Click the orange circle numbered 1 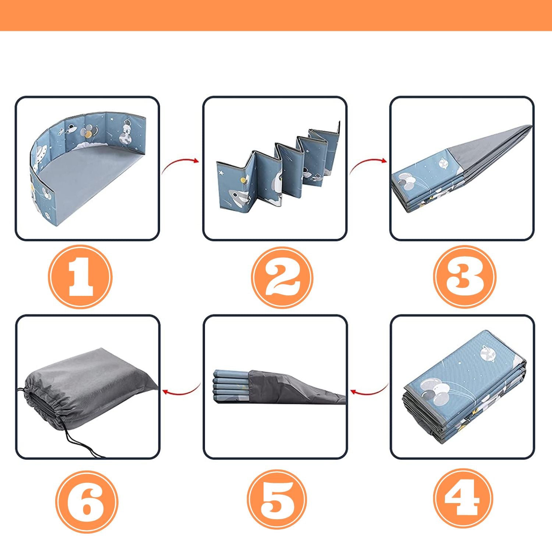[80, 277]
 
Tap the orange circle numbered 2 [282, 277]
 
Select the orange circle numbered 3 [464, 277]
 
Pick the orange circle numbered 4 [463, 499]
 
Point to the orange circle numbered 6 [87, 502]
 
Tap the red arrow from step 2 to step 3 [367, 163]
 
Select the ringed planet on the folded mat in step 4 [488, 353]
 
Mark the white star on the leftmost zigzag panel [222, 173]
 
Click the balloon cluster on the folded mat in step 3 [408, 181]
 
